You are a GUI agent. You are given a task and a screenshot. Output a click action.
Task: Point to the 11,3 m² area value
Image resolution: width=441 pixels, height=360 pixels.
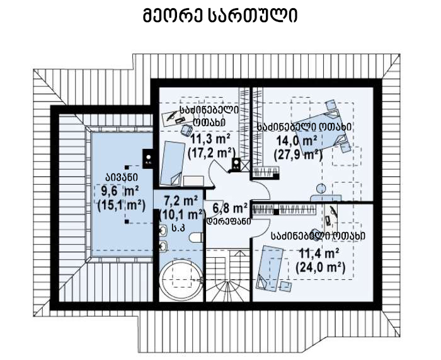pyautogui.click(x=210, y=139)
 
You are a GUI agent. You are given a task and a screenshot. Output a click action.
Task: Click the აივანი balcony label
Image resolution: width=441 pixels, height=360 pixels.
pyautogui.click(x=122, y=177)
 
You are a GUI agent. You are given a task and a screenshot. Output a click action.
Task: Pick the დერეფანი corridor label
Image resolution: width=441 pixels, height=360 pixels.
pyautogui.click(x=229, y=221)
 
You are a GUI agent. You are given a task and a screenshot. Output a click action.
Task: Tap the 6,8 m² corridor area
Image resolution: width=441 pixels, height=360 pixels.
pyautogui.click(x=230, y=209)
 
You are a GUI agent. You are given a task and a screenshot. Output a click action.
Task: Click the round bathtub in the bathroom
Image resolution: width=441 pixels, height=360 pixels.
pyautogui.click(x=181, y=279)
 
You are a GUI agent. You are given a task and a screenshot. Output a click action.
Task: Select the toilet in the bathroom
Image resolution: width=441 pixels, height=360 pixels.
pyautogui.click(x=196, y=237)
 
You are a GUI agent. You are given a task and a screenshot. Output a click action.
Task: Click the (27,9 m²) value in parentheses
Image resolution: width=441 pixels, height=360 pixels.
pyautogui.click(x=298, y=154)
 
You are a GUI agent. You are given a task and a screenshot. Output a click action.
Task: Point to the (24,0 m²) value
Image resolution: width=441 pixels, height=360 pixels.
pyautogui.click(x=320, y=267)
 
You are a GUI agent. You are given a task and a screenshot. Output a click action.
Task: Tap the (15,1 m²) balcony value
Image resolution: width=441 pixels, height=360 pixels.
pyautogui.click(x=121, y=206)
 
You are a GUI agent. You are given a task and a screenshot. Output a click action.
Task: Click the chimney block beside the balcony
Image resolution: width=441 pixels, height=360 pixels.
pyautogui.click(x=148, y=159)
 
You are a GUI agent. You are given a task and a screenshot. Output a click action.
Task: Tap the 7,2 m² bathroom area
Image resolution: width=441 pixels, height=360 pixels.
pyautogui.click(x=181, y=201)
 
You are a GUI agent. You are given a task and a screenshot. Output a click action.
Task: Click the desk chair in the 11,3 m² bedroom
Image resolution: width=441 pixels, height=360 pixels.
pyautogui.click(x=186, y=131)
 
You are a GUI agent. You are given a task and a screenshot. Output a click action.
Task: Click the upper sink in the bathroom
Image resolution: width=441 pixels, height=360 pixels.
pyautogui.click(x=163, y=231)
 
